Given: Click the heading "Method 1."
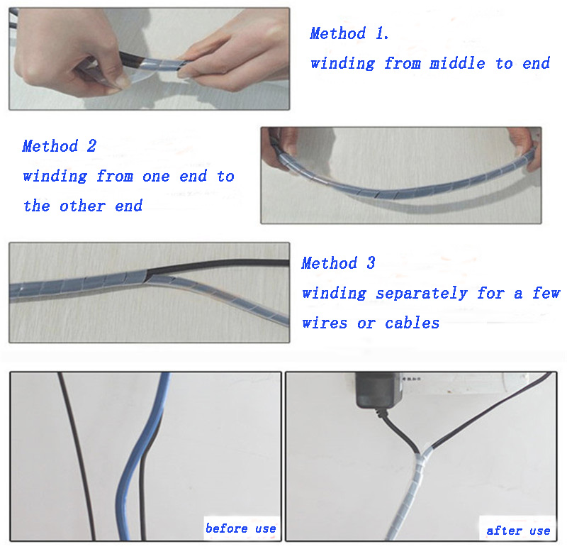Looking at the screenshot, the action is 349,33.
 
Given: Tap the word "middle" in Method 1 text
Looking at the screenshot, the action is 457,63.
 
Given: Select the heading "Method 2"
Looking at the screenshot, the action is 60,146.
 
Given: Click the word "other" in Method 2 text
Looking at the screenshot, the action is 82,206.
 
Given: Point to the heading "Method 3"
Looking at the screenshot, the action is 339,262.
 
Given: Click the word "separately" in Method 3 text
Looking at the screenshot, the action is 422,293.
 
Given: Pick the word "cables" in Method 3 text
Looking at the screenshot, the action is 412,323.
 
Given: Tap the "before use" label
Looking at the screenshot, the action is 241,528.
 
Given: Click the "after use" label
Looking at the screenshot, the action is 518,531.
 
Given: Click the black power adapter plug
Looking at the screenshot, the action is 379,390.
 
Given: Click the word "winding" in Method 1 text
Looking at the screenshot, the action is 342,64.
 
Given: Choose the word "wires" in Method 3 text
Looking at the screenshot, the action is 325,323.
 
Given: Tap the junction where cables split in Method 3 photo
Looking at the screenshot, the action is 147,276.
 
